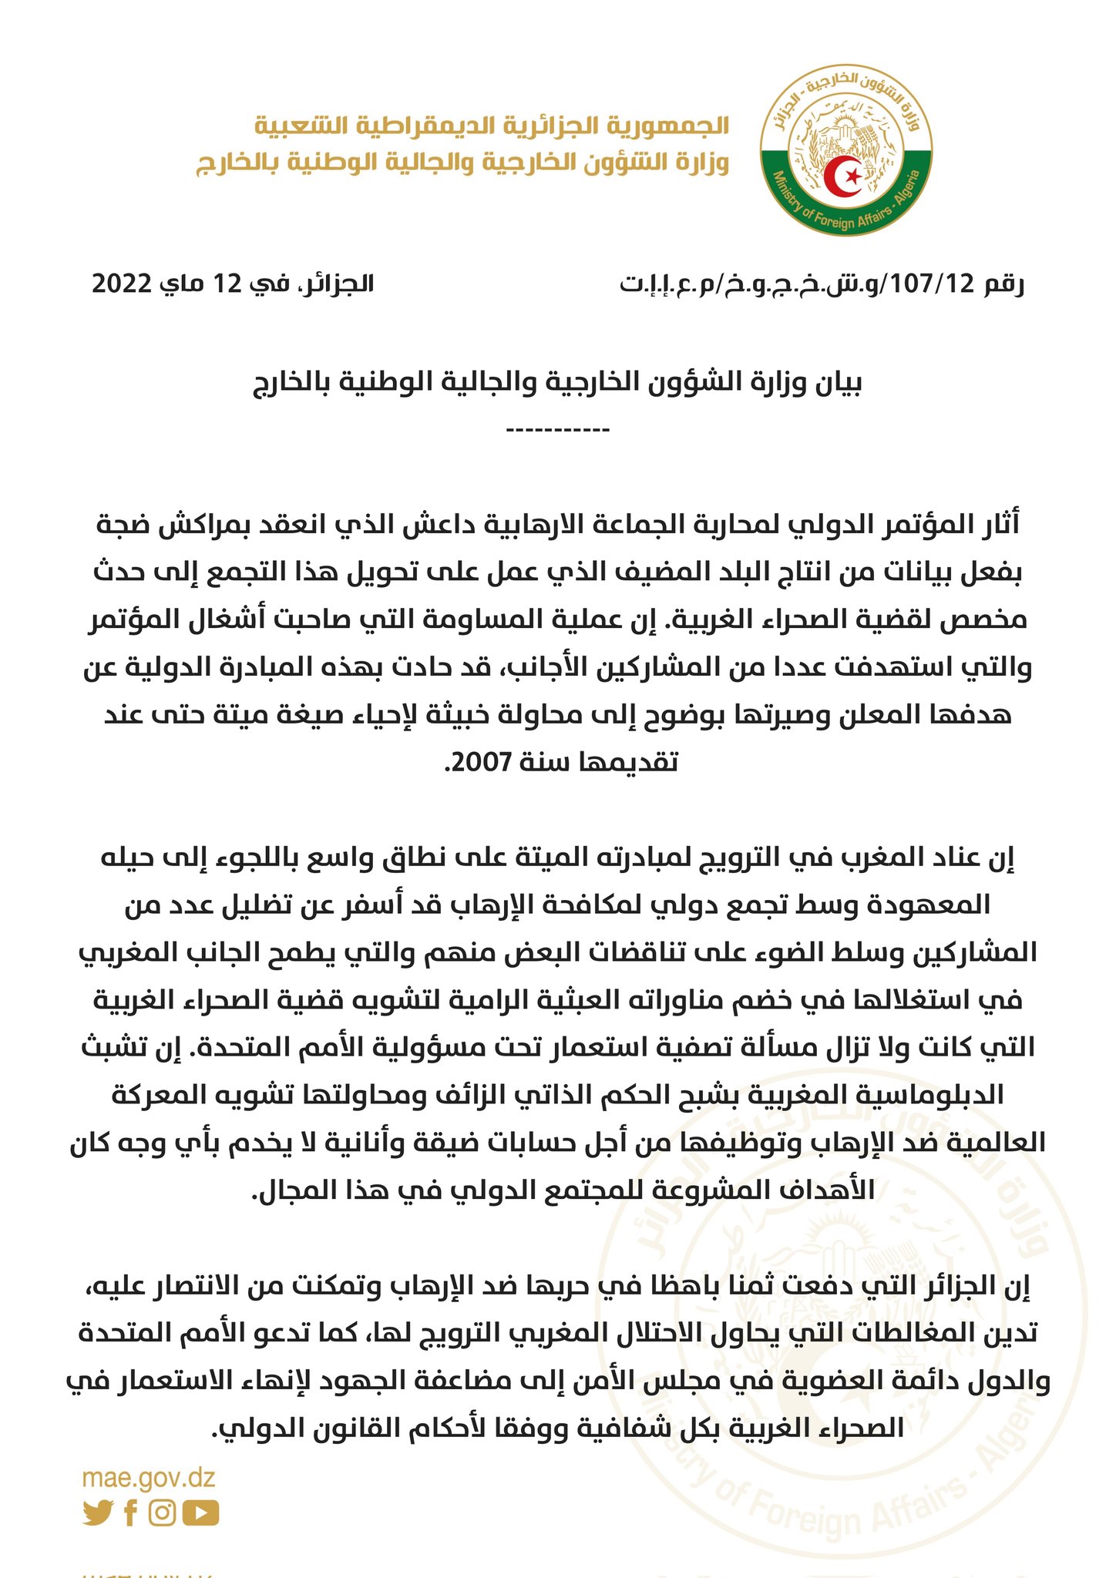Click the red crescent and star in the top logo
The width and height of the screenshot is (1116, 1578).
coord(846,176)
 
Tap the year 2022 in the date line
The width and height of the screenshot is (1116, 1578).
coord(123,284)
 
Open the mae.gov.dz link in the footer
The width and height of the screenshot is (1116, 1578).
coord(149,1478)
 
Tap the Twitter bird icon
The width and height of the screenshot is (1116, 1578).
coord(98,1513)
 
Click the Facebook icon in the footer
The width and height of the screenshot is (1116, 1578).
coord(130,1513)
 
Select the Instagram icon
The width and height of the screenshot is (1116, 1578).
coord(162,1513)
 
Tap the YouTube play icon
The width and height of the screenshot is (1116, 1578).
coord(200,1513)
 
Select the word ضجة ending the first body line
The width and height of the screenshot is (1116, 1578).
coord(122,526)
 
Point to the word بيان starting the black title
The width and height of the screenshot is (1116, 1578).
coord(832,383)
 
